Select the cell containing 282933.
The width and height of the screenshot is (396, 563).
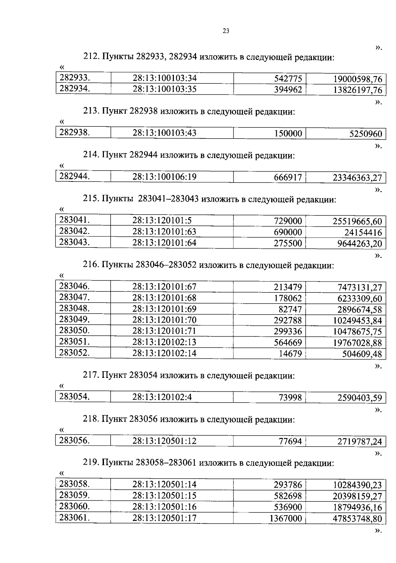75,78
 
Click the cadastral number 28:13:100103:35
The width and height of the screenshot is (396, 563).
165,89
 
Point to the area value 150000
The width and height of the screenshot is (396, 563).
288,134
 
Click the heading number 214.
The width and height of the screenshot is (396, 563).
90,155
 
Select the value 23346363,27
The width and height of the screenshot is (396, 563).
357,178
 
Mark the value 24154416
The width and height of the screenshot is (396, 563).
363,233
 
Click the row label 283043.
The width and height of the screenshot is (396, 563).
75,242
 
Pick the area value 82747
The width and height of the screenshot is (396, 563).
290,310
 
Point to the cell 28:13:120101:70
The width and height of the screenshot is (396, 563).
164,320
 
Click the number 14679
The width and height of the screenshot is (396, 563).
290,354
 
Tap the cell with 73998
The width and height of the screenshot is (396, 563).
290,398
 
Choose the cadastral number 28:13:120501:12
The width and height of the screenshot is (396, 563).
164,441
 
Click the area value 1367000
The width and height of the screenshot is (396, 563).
285,518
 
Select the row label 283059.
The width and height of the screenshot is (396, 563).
75,495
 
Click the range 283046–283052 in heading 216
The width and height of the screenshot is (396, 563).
166,265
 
